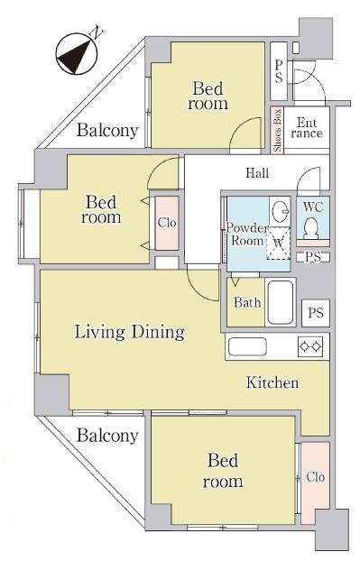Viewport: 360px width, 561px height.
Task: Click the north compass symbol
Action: point(77,54)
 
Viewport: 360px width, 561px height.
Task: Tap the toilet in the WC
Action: point(312,228)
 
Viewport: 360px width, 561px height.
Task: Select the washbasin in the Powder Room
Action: point(280,210)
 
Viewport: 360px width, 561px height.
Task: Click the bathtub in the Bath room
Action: point(281,302)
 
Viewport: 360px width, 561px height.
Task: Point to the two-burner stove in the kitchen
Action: point(310,346)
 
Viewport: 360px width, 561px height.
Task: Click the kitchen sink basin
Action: point(247,346)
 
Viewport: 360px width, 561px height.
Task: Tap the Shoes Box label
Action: point(277,130)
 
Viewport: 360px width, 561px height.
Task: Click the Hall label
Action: point(257,173)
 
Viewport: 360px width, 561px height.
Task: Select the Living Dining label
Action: point(130,332)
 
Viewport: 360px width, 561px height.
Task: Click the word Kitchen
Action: point(272,382)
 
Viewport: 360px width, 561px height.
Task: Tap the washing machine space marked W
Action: point(279,243)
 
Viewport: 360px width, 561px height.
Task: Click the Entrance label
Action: point(307,128)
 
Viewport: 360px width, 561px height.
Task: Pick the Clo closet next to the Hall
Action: point(167,223)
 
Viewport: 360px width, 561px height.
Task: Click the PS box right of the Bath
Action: point(316,313)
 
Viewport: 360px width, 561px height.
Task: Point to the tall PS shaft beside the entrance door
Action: point(279,71)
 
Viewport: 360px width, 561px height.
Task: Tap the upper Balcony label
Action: point(107,131)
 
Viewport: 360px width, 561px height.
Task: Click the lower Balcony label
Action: point(107,436)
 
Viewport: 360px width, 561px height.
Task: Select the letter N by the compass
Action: point(97,32)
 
